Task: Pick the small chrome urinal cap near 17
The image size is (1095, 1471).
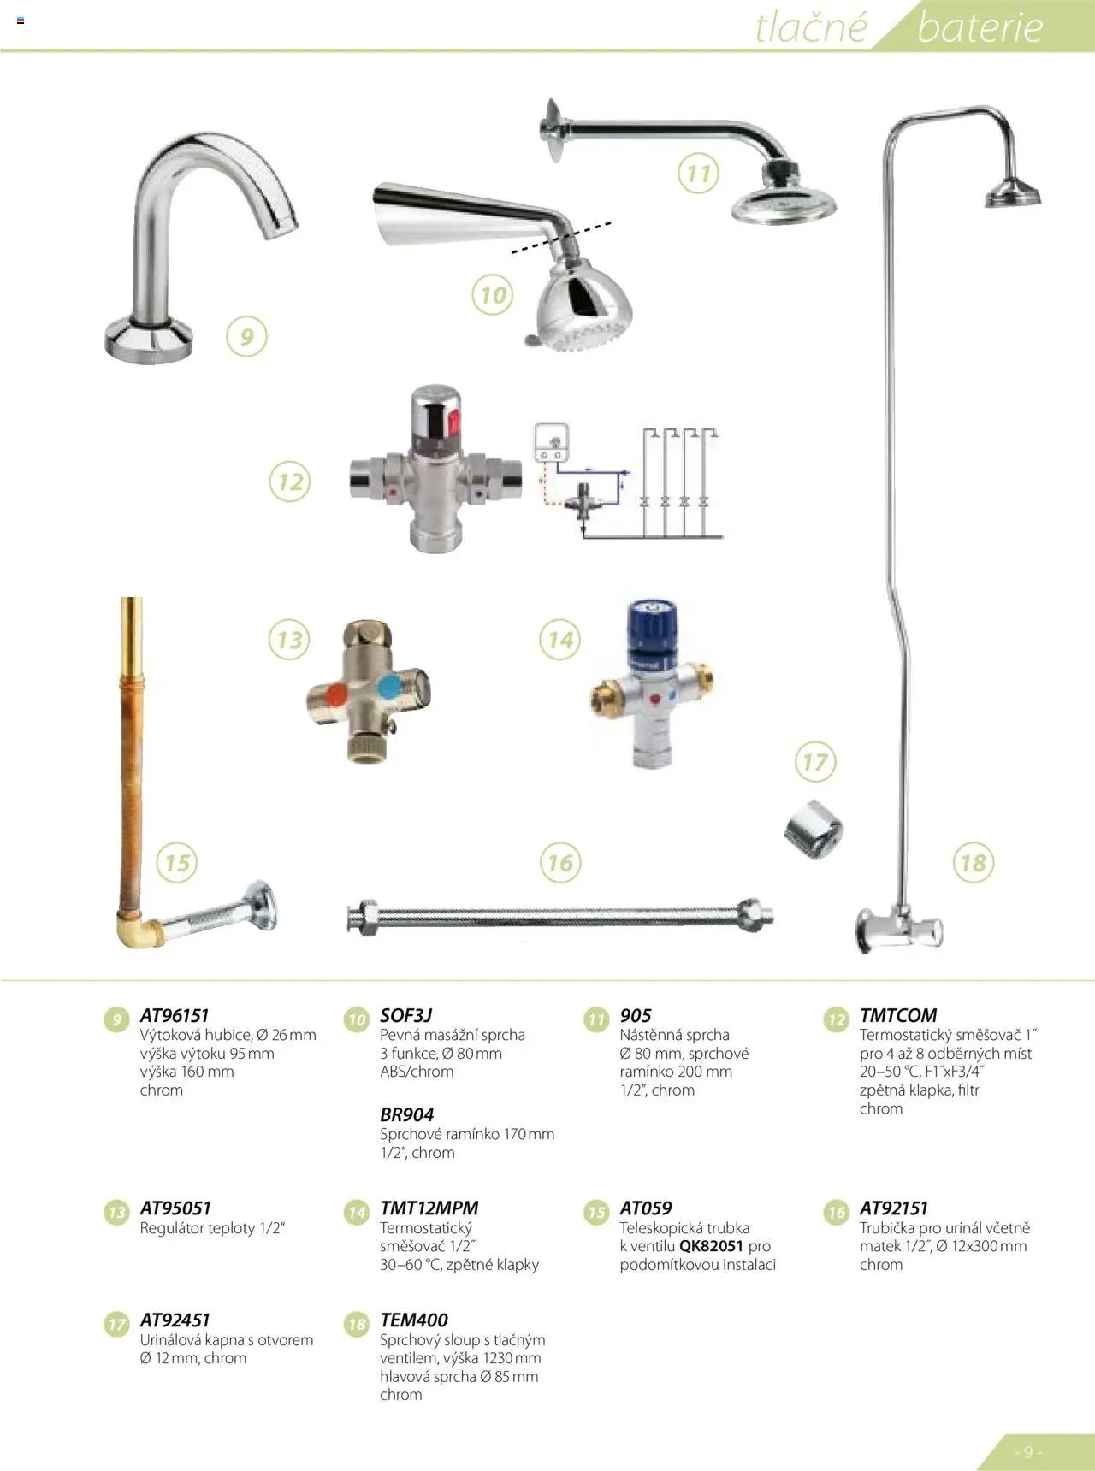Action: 814,829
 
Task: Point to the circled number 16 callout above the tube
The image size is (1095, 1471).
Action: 560,862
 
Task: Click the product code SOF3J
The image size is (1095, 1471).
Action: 406,1015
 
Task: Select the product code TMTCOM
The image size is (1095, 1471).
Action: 898,1015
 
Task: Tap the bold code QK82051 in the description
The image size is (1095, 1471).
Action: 711,1246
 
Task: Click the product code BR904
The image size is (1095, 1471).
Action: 407,1114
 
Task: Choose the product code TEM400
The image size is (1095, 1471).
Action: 414,1320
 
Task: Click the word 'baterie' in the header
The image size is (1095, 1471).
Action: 980,27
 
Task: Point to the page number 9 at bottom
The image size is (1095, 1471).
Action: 1027,1452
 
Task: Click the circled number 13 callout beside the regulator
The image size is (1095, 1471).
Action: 289,640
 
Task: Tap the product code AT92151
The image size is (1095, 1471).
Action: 894,1208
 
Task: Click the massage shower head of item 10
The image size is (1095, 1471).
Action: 582,308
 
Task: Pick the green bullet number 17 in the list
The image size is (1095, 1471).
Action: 116,1325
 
